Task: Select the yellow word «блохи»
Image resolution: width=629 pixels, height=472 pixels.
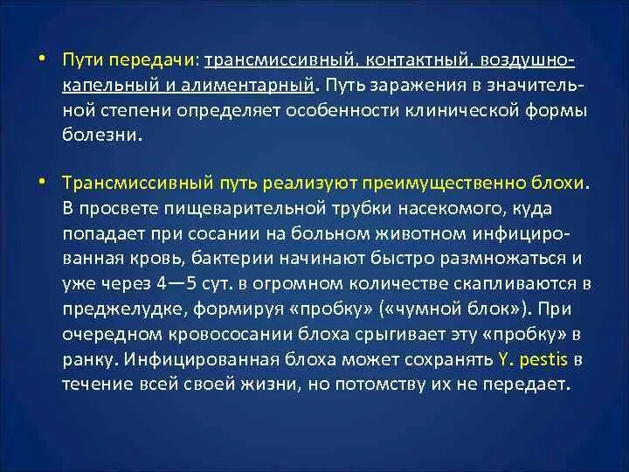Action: (x=564, y=185)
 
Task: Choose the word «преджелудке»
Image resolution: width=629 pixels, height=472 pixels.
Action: (x=113, y=309)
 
